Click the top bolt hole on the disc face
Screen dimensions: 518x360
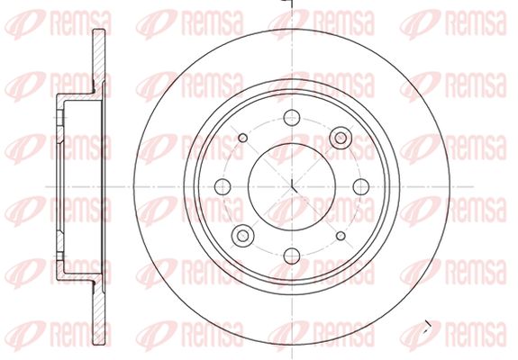coord(292,117)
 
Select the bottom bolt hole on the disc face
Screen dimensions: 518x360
coord(292,256)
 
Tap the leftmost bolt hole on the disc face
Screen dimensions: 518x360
coord(223,187)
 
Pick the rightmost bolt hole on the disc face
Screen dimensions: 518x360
coord(361,187)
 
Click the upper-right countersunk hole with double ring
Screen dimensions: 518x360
coord(341,138)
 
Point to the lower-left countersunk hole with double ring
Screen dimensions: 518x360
coord(243,236)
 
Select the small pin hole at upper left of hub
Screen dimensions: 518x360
coord(243,138)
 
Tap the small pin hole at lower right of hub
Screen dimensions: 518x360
coord(341,236)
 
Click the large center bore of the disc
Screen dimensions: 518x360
coord(292,187)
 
